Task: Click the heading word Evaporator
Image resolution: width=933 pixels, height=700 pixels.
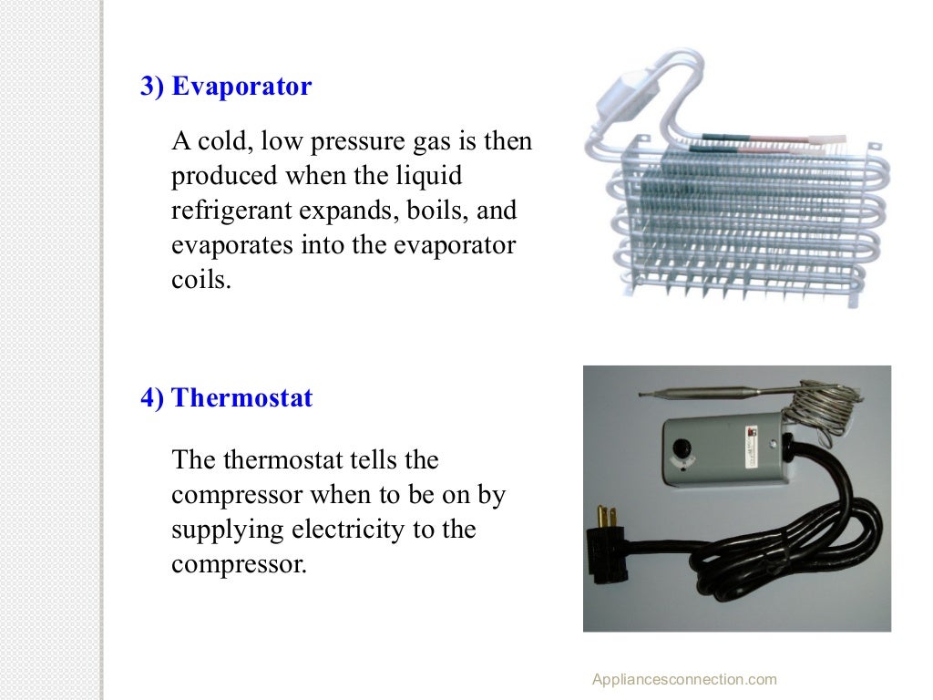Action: point(241,87)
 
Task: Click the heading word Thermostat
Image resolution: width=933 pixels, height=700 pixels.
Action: point(242,398)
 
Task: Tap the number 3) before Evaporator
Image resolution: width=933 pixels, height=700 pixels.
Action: point(152,87)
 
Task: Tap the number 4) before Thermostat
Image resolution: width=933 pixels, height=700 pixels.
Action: point(152,398)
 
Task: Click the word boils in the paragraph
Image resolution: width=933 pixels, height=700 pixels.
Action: point(431,211)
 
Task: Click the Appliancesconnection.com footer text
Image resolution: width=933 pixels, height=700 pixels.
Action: point(684,679)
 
